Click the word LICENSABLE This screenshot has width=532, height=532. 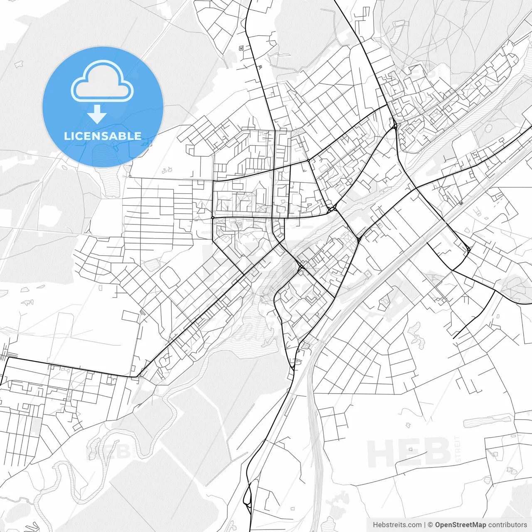(103, 136)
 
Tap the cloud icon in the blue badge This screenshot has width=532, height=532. (102, 81)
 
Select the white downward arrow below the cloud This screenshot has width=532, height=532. (97, 114)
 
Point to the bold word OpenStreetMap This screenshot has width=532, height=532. (460, 525)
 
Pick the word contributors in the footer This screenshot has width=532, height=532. (507, 525)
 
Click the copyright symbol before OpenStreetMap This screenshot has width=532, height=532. (430, 525)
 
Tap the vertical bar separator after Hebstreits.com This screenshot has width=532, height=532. (424, 525)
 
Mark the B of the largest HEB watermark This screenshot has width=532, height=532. (437, 453)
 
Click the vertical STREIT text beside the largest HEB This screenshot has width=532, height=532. (458, 449)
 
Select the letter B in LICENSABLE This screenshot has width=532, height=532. (124, 136)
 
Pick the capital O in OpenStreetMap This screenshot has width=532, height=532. (438, 525)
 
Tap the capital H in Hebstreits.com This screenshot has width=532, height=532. (375, 525)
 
